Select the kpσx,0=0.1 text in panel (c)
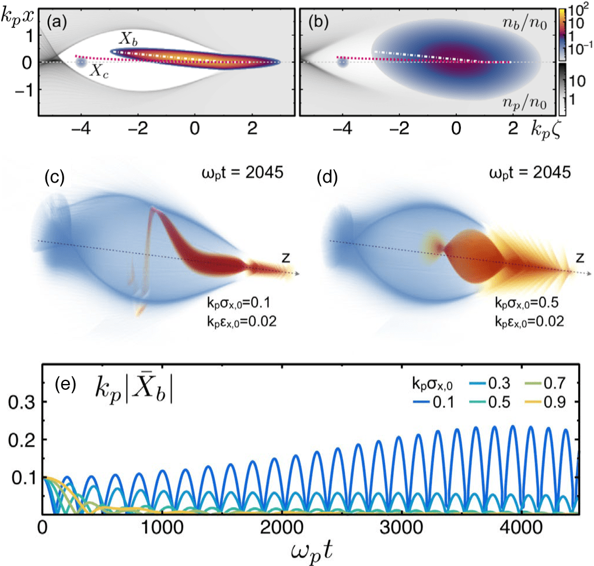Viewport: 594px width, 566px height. (x=233, y=304)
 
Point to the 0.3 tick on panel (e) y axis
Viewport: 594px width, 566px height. (x=25, y=402)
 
